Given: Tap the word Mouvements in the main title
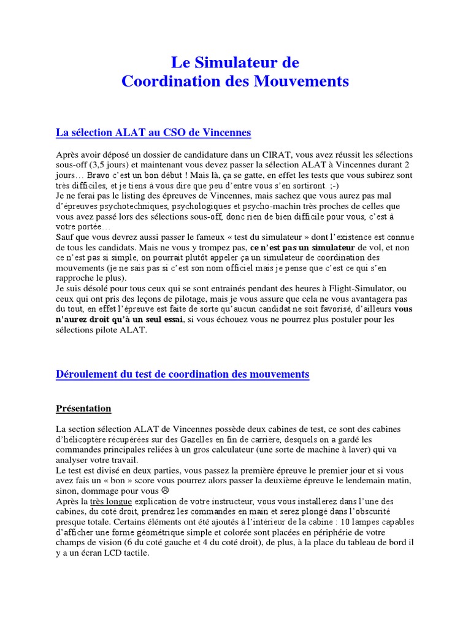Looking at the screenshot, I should [x=296, y=81].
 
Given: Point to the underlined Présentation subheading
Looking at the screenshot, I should [x=83, y=408].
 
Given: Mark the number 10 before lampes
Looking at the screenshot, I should [x=345, y=523].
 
